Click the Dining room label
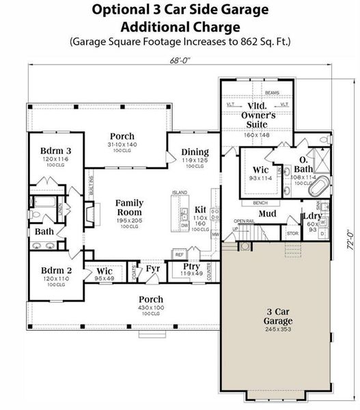tap(195, 152)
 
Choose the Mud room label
tap(267, 213)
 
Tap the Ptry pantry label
tap(191, 266)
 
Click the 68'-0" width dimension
tap(180, 60)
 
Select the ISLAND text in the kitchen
tap(180, 193)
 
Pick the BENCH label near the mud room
tap(260, 203)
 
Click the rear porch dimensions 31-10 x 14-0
tap(122, 145)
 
